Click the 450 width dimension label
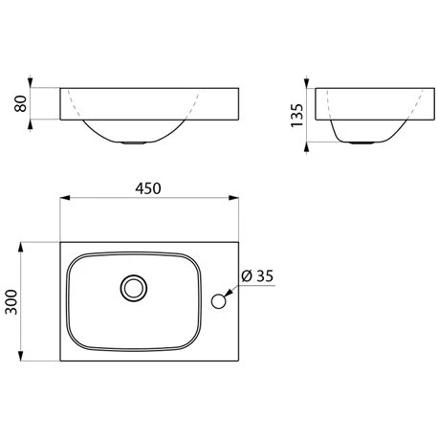coord(147,188)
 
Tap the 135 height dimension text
coord(297,116)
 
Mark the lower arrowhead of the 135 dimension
coord(307,142)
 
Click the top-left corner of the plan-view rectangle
coord(61,242)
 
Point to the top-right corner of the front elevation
coord(236,87)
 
